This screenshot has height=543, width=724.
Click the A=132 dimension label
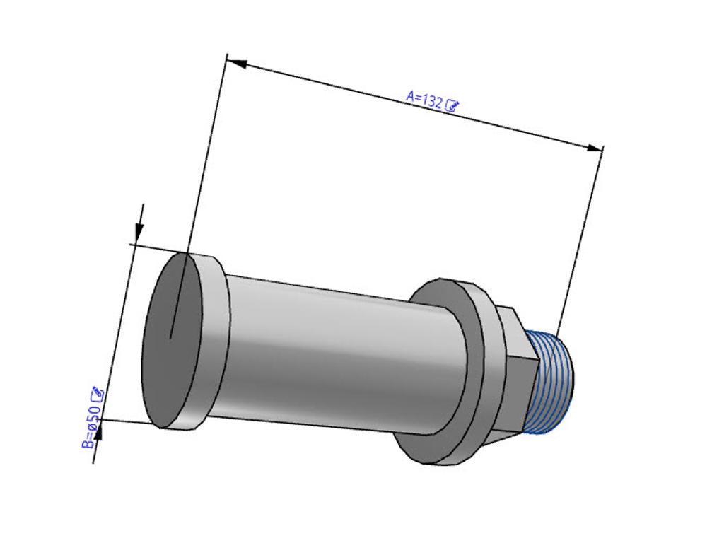pos(425,99)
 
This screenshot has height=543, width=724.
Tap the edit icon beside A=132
pos(453,105)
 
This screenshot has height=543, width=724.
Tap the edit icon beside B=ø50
pos(96,394)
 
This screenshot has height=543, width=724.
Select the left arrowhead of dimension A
pos(237,64)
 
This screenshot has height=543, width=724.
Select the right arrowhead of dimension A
pos(594,147)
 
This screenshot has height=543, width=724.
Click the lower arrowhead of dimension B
pos(98,429)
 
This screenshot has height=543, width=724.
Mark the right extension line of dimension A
pos(580,240)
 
